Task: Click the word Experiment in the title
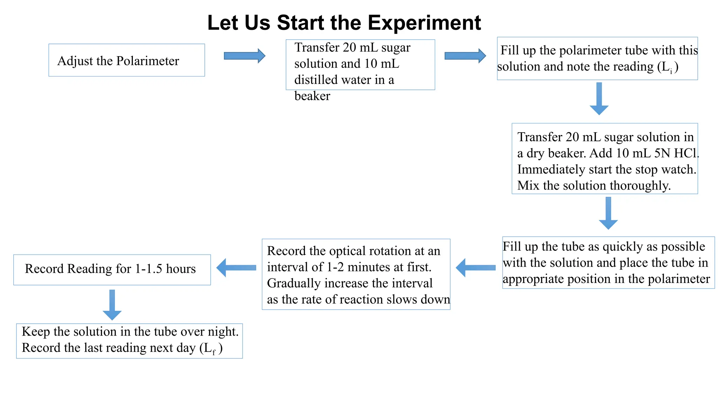424,23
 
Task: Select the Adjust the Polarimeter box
127,60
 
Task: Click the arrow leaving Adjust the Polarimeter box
244,56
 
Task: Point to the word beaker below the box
312,96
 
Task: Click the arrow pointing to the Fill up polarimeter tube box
465,56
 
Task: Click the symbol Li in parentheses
667,67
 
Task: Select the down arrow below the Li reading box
599,99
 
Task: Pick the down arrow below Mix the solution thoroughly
608,213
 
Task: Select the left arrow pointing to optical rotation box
475,268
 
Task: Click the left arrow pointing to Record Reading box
236,268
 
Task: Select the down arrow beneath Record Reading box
112,305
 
